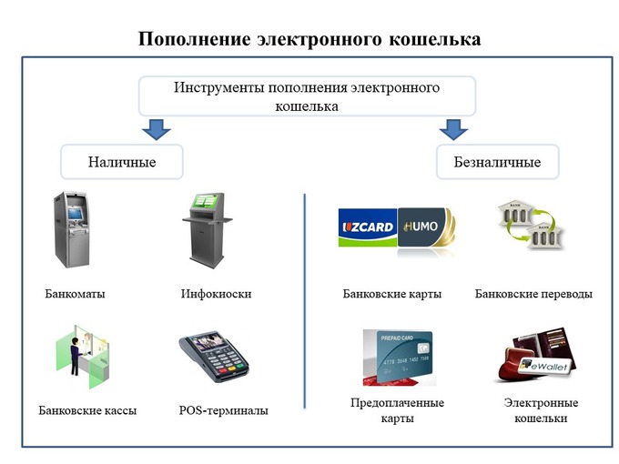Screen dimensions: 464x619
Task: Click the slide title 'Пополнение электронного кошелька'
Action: pyautogui.click(x=309, y=40)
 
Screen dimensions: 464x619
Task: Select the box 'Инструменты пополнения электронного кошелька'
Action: pyautogui.click(x=307, y=96)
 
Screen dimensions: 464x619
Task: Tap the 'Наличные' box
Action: pyautogui.click(x=122, y=162)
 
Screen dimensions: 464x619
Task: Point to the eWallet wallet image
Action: pyautogui.click(x=539, y=358)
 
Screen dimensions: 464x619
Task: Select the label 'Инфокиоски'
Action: pyautogui.click(x=216, y=294)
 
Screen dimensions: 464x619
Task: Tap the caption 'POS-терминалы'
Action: pyautogui.click(x=223, y=410)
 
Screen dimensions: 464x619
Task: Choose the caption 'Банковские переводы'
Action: pyautogui.click(x=533, y=294)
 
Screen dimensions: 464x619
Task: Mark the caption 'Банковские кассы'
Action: pyautogui.click(x=87, y=410)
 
